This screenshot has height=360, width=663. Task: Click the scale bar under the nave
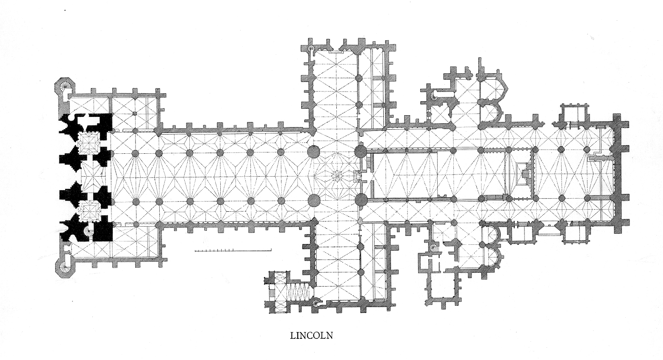(x=233, y=251)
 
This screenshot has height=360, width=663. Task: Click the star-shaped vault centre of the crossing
(x=337, y=174)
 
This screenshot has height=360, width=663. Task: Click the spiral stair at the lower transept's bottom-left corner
(x=316, y=302)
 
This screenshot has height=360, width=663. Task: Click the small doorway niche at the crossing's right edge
(x=357, y=174)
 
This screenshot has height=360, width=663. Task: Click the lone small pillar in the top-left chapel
(x=134, y=114)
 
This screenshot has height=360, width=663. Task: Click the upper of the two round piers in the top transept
(x=359, y=78)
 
